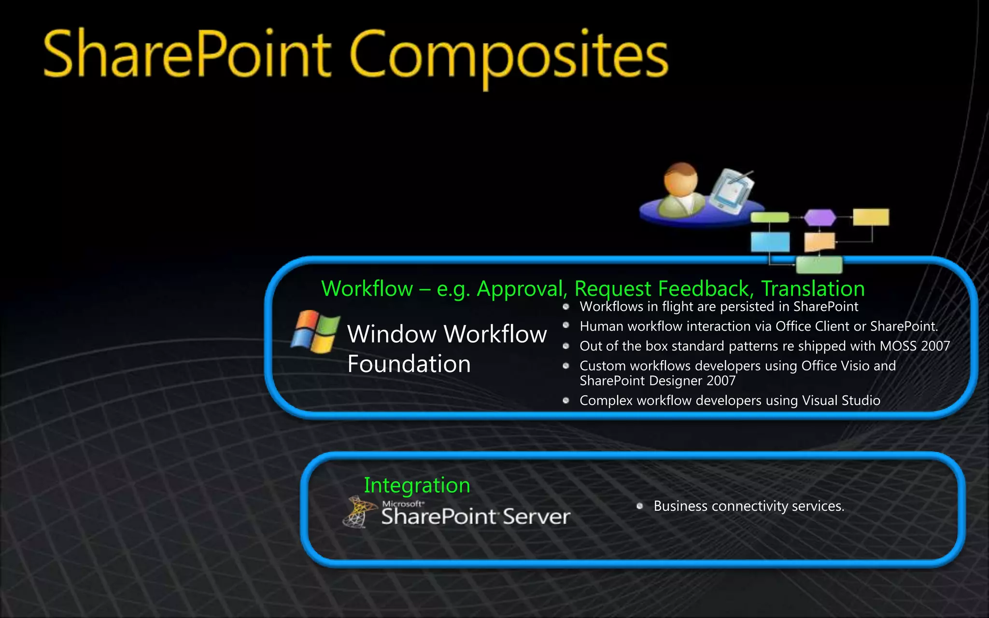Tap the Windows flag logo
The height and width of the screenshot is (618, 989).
315,332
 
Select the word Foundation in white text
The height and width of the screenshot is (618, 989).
409,364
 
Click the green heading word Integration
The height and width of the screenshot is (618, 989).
417,485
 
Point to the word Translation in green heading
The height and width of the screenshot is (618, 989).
813,289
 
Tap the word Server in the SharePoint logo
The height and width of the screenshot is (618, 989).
536,517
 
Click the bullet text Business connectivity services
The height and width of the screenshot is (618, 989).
749,506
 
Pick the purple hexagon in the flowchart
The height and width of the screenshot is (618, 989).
819,217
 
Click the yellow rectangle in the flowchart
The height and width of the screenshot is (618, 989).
871,217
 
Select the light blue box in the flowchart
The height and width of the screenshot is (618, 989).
770,241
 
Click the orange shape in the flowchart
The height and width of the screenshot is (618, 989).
819,242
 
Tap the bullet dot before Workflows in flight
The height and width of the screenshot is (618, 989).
566,307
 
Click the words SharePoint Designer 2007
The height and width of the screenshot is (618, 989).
657,381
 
